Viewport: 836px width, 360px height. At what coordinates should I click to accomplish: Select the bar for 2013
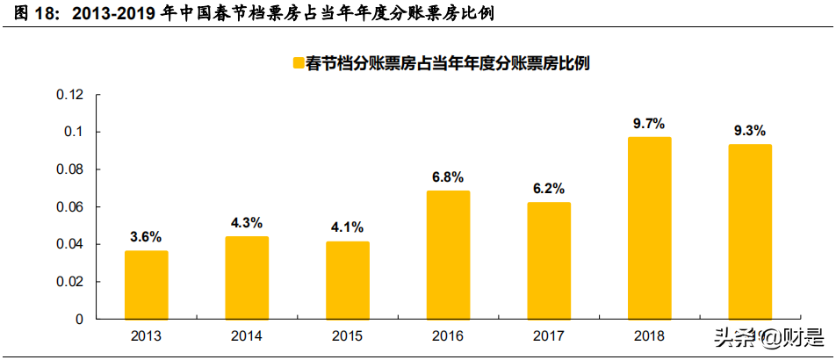[146, 285]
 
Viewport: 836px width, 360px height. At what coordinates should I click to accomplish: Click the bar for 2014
[247, 278]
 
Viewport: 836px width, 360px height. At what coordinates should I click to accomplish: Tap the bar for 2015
[348, 280]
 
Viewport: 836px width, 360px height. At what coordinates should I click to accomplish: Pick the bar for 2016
[449, 256]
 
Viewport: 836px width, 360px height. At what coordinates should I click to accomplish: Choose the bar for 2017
[549, 261]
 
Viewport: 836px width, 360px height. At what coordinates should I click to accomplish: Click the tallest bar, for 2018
[650, 228]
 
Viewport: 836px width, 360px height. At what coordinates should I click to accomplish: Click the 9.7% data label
[650, 123]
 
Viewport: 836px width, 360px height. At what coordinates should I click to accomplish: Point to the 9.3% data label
[750, 131]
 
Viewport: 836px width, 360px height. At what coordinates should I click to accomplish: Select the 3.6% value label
[146, 237]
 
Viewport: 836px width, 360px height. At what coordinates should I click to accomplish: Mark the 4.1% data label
[348, 227]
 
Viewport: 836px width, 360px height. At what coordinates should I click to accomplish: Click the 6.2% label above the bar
[549, 189]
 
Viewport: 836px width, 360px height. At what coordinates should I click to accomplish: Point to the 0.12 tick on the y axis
[69, 95]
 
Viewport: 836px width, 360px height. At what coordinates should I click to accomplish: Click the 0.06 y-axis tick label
[69, 207]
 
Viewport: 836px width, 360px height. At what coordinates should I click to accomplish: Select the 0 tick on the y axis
[79, 320]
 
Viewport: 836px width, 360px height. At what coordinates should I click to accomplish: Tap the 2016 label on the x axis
[449, 335]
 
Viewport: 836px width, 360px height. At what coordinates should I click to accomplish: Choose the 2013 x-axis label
[146, 335]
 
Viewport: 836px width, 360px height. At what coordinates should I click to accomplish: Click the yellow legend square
[297, 63]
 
